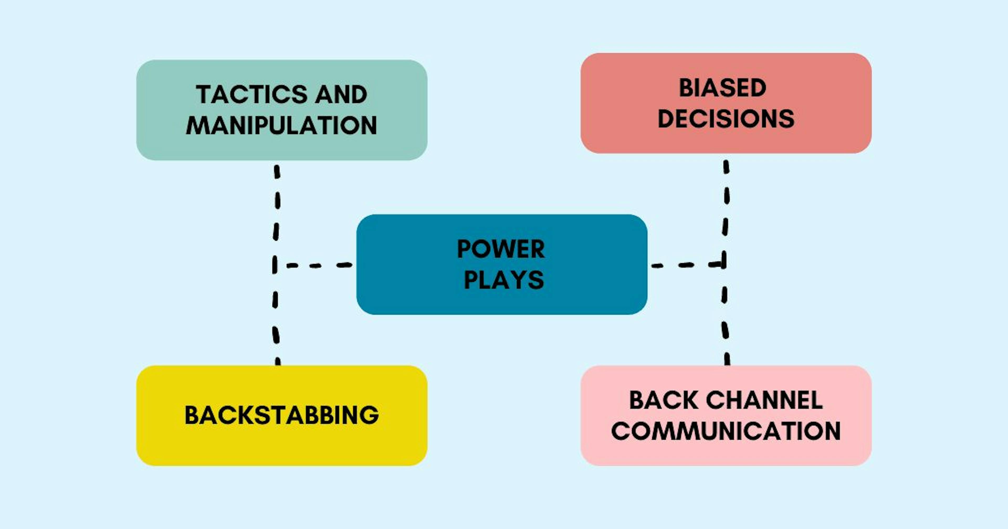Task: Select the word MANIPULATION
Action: coord(281,126)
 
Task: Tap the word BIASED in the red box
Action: coord(722,88)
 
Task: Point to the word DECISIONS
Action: coord(726,119)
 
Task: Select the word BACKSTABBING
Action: coord(281,415)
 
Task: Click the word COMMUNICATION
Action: coord(726,431)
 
